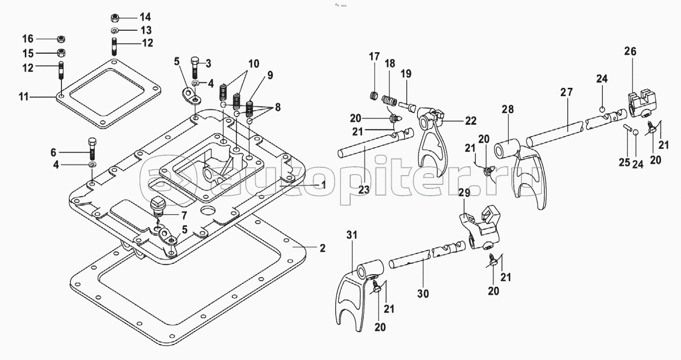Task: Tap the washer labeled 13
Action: [115, 30]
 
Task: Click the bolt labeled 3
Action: [195, 67]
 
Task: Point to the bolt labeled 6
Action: [92, 149]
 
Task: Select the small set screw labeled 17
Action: [374, 96]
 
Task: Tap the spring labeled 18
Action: [389, 100]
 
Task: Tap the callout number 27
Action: [566, 92]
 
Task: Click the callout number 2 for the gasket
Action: [322, 248]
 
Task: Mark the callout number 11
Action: [24, 97]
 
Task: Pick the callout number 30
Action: [423, 294]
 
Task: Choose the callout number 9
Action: [270, 76]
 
